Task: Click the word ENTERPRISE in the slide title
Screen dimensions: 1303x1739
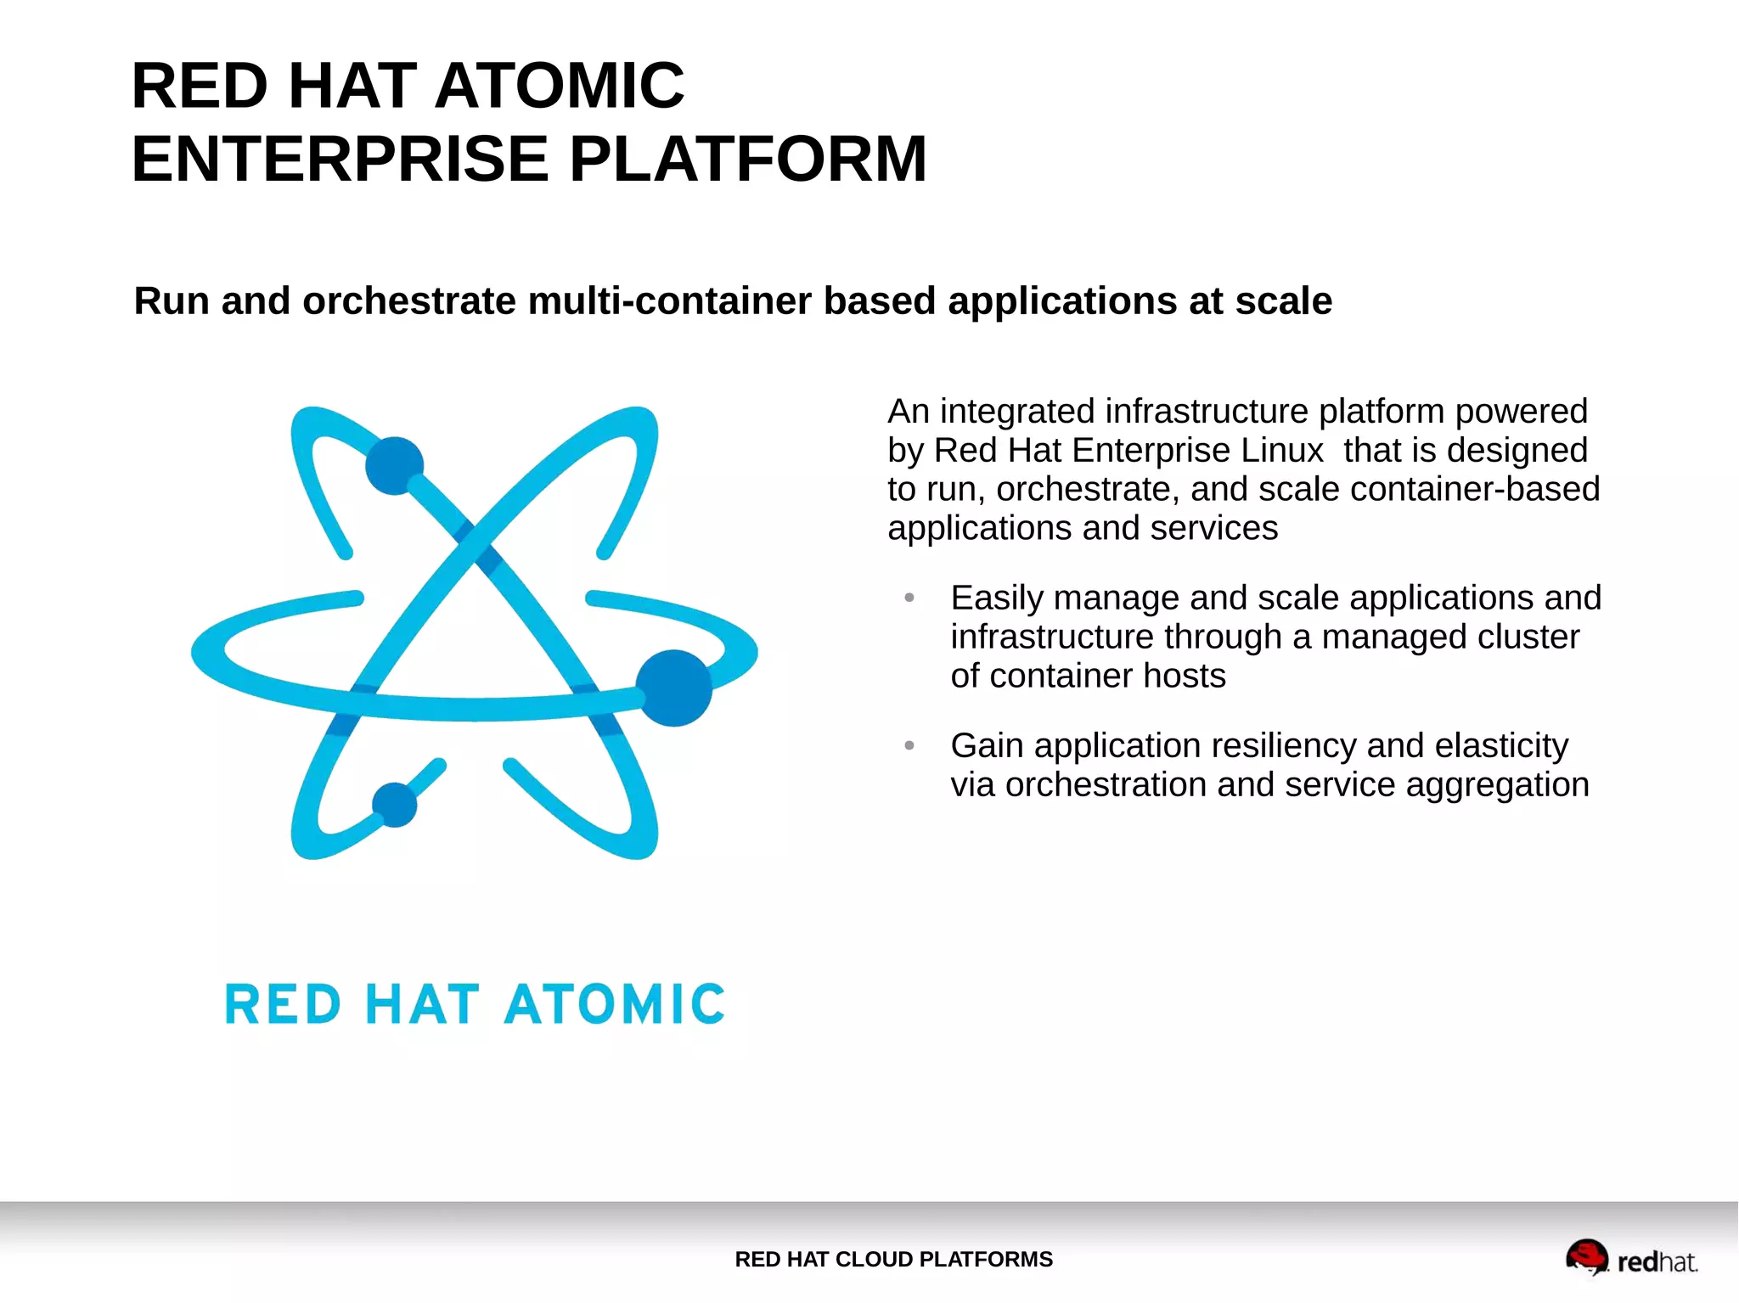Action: coord(340,159)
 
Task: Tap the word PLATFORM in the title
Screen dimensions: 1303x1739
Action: coord(747,159)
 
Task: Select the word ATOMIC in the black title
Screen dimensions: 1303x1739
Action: coord(560,86)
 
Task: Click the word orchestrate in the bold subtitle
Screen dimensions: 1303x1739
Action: coord(408,301)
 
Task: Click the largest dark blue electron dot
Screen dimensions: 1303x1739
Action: coord(674,688)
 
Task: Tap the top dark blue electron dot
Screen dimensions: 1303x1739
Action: coord(394,465)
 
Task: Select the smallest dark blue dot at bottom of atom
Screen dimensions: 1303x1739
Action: coord(395,804)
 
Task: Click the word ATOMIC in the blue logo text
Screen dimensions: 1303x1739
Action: coord(615,1005)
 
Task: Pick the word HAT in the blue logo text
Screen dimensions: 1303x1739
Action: coord(422,1005)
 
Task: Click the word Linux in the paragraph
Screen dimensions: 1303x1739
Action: coord(1281,451)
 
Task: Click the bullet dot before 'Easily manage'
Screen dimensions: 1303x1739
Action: coord(909,598)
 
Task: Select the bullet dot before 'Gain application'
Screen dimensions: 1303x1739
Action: coord(909,746)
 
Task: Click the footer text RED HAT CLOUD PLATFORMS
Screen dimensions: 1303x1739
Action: coord(893,1259)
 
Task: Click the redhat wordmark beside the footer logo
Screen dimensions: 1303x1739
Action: coord(1657,1262)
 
